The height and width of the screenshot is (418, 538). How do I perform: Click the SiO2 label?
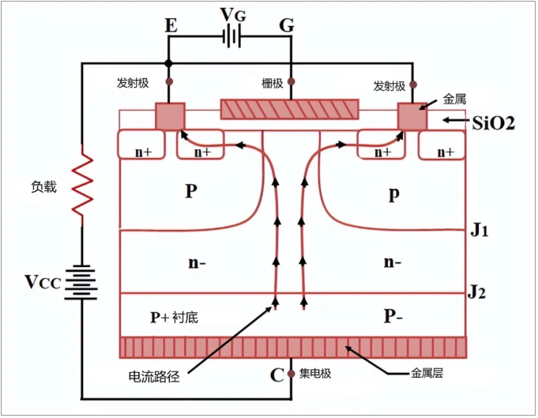click(x=494, y=122)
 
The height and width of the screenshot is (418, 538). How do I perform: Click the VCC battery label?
click(x=42, y=282)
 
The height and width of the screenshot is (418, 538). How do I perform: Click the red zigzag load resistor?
click(x=82, y=186)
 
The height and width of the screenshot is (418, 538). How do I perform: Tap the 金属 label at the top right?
click(x=454, y=100)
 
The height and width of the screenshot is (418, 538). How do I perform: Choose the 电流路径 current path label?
click(x=153, y=376)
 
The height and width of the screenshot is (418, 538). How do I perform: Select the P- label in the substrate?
click(x=394, y=316)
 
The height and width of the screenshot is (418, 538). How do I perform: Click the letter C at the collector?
click(x=277, y=375)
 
